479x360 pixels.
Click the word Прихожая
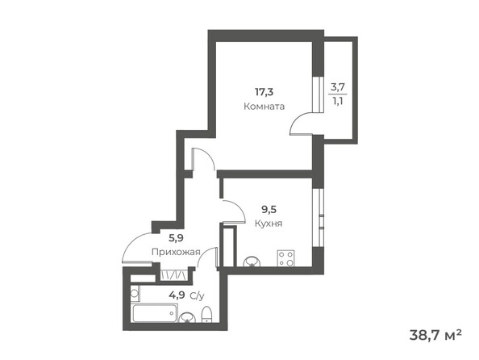175,252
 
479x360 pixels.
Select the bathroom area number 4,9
175,295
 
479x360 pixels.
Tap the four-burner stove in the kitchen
285,259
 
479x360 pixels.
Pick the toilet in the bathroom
206,313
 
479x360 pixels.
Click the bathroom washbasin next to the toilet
187,316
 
